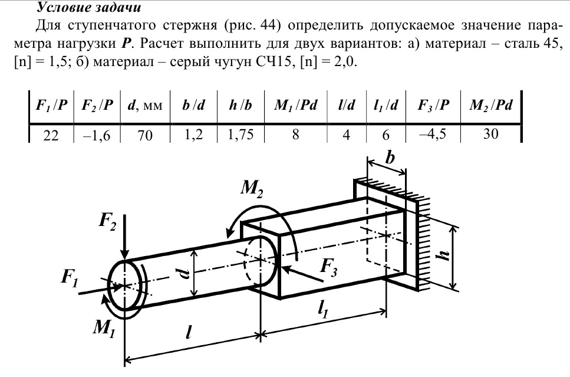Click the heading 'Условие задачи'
coord(88,8)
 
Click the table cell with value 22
coord(50,135)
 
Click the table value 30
coord(490,135)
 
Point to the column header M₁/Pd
coord(296,106)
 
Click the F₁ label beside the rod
coord(70,277)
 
